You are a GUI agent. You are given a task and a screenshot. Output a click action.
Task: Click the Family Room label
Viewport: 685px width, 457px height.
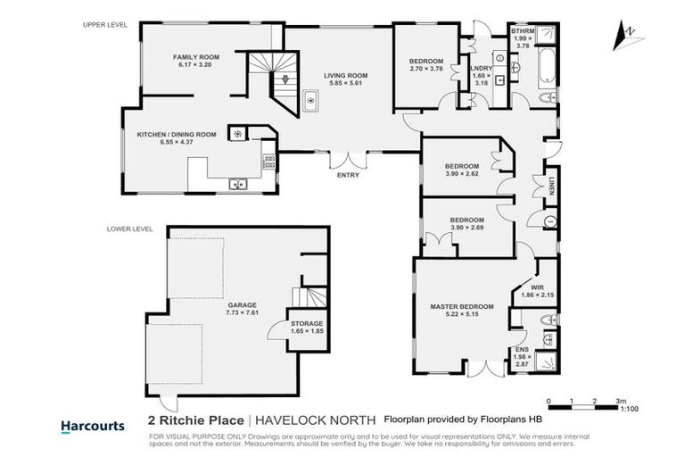(191, 57)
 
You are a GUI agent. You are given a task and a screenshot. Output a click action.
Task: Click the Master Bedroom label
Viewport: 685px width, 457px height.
(461, 308)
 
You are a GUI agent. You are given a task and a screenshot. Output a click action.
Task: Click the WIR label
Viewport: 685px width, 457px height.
(537, 287)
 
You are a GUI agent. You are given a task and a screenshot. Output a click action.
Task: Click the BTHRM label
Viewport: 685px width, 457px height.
(523, 31)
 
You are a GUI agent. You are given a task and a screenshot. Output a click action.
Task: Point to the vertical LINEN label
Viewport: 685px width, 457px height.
(552, 186)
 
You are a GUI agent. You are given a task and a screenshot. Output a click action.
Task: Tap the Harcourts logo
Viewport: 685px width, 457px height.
(92, 426)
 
